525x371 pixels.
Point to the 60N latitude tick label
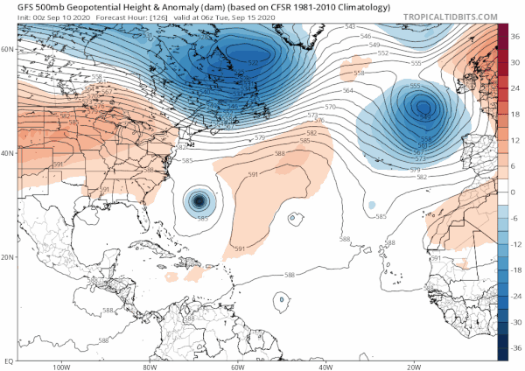(7, 49)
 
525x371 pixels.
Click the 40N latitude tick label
(7, 153)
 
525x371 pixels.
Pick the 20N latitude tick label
(7, 256)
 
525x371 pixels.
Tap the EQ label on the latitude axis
(7, 360)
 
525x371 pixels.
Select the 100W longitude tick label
(61, 367)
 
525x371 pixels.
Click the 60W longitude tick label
(237, 367)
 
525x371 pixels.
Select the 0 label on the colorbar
(514, 192)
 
